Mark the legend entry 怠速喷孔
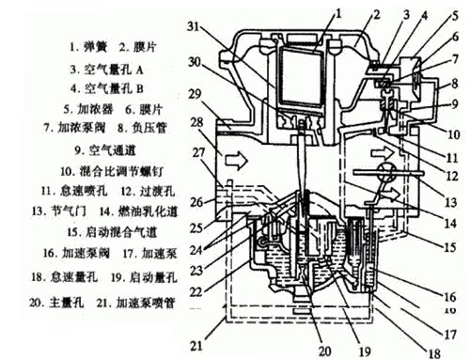pyautogui.click(x=75, y=192)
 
